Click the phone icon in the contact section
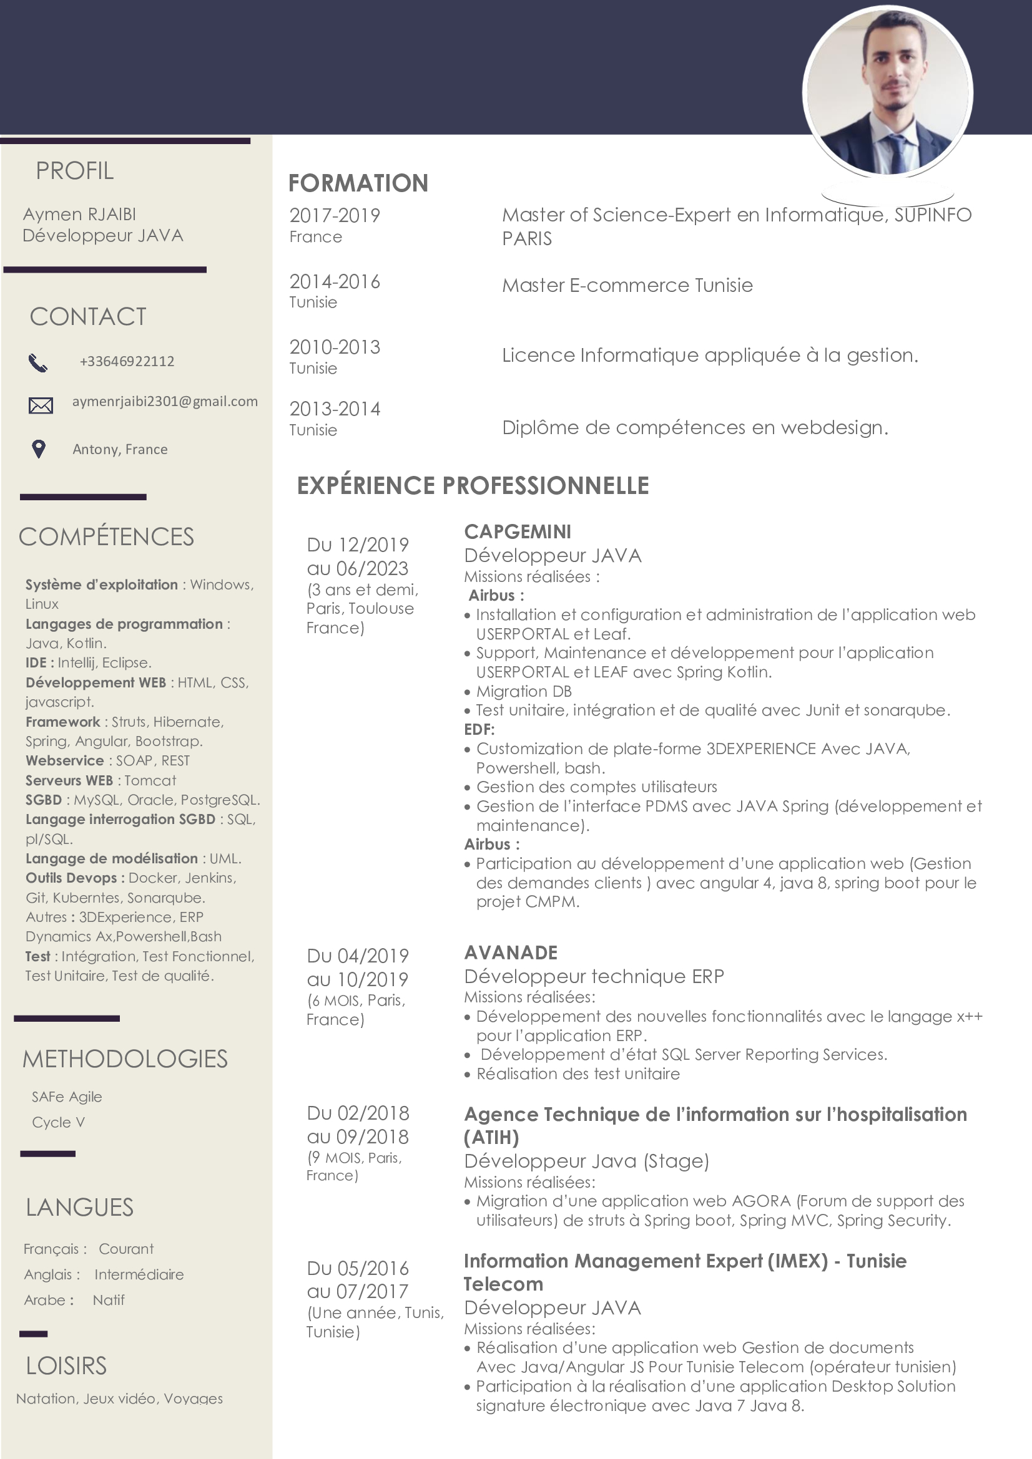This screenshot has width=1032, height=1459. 38,363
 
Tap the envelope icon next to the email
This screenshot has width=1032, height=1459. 41,405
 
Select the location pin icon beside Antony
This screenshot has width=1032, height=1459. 39,449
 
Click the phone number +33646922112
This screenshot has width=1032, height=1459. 127,362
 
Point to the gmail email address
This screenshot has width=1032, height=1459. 165,402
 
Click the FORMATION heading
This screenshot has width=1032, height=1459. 358,183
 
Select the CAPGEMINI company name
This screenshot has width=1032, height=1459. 518,531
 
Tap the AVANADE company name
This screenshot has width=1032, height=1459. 511,952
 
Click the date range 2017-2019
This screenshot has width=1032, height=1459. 335,216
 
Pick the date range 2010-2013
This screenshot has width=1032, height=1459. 335,347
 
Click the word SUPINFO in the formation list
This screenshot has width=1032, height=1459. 933,215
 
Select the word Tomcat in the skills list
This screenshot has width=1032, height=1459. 150,780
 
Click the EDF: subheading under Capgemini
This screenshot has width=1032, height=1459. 479,730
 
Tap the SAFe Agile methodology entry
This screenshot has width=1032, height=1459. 67,1097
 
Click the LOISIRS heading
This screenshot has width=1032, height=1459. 66,1365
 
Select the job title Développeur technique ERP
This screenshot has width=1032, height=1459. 594,976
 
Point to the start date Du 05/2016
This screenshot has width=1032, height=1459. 358,1268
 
